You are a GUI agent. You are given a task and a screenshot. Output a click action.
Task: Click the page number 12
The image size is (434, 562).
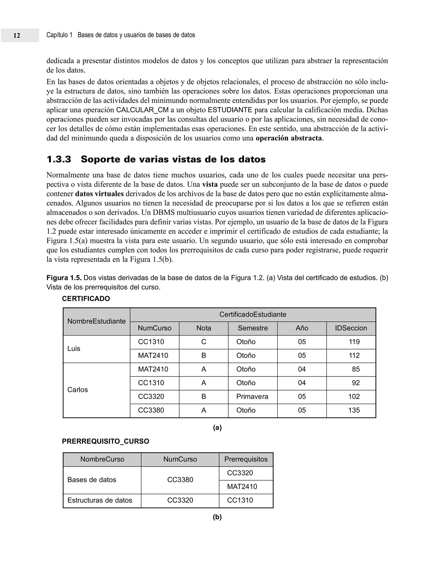click(x=17, y=35)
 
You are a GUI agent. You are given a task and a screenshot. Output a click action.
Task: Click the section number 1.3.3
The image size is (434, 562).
click(x=59, y=159)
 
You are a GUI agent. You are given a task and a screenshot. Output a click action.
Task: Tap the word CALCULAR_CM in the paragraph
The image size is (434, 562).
click(x=142, y=110)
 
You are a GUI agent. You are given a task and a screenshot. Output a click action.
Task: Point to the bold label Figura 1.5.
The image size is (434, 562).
click(x=64, y=278)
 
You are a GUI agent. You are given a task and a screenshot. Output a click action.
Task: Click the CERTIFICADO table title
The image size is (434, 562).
click(x=86, y=299)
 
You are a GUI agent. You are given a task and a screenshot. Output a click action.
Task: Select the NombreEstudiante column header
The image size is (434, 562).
click(x=96, y=321)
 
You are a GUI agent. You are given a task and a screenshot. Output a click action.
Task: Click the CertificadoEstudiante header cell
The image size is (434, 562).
click(x=253, y=315)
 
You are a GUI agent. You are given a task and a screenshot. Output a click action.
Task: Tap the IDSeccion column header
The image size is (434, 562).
click(x=351, y=328)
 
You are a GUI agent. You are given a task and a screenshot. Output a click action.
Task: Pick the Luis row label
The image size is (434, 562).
click(x=74, y=349)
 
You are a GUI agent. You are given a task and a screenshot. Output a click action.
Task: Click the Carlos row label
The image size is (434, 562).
click(x=77, y=390)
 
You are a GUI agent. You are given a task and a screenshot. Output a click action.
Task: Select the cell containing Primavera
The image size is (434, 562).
click(x=252, y=397)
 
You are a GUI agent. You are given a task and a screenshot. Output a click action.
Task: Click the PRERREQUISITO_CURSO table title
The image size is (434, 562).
click(x=105, y=441)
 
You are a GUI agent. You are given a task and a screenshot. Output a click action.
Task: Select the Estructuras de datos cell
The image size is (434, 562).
click(x=100, y=500)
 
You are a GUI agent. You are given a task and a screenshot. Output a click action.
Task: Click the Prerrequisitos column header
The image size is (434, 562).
click(x=246, y=459)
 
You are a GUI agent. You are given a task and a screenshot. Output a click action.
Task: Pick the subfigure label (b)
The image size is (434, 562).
click(x=217, y=517)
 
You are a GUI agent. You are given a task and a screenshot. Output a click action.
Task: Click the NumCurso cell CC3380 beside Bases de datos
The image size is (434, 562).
click(x=180, y=480)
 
